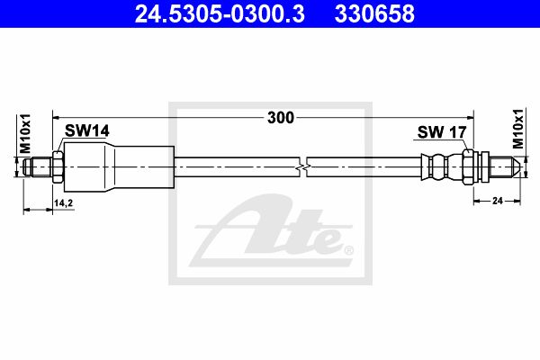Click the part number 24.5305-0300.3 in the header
tap(220, 13)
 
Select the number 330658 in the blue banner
tap(374, 13)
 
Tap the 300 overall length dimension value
tap(281, 118)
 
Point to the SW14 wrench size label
tap(87, 130)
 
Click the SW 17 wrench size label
tap(442, 132)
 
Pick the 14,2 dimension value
tap(63, 203)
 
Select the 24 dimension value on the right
tap(498, 201)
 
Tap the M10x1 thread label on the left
tap(25, 134)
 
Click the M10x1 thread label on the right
tap(517, 129)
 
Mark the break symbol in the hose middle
tap(303, 167)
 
